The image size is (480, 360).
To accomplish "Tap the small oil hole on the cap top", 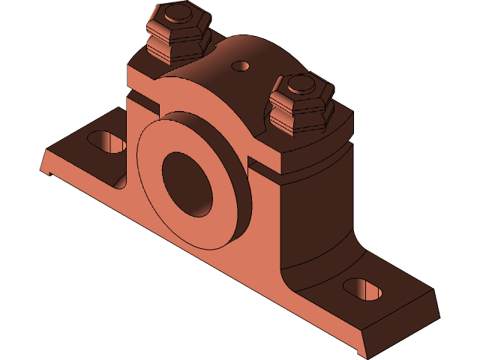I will tap(241, 66).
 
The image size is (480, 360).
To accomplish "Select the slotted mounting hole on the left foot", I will tap(107, 140).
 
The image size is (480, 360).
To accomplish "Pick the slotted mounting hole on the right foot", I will tap(362, 288).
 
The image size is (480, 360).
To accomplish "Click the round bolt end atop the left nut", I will tap(178, 13).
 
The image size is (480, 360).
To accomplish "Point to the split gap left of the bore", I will tap(142, 97).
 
